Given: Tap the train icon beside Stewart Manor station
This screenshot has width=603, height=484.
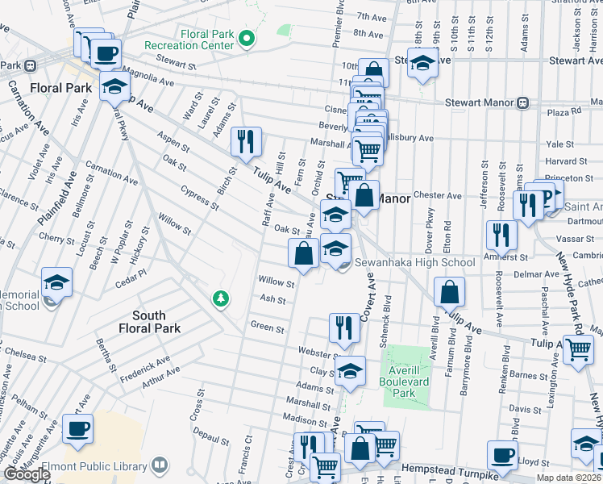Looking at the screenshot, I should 523,102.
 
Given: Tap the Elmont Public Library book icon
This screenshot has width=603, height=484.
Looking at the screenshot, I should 161,465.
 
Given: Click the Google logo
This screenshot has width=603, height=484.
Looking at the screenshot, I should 26,474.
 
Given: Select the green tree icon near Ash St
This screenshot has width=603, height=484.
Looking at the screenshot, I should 219,299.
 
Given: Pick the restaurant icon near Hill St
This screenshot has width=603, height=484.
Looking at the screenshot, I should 247,141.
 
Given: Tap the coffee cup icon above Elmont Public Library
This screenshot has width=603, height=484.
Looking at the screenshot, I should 78,429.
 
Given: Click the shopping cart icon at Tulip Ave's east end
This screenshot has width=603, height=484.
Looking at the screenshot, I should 578,350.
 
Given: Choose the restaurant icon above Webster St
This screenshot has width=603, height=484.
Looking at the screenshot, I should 344,328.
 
